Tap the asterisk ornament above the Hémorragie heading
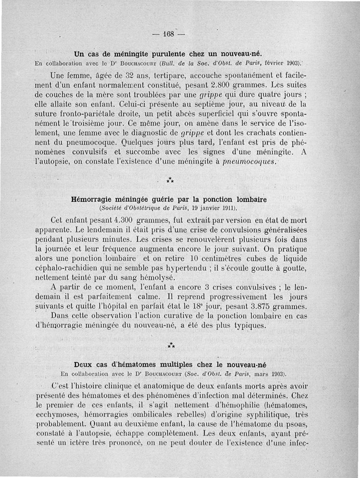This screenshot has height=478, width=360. pyautogui.click(x=170, y=180)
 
